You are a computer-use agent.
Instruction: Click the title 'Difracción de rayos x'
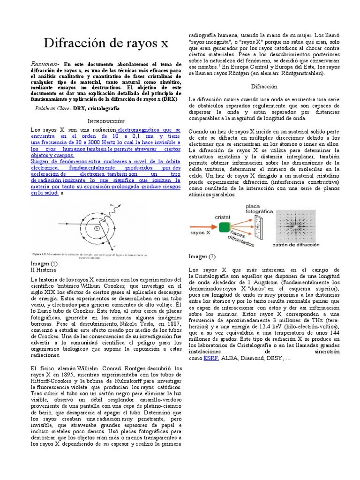pyautogui.click(x=106, y=44)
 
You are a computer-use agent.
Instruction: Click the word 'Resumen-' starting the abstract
pyautogui.click(x=45, y=64)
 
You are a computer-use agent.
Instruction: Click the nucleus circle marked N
pyautogui.click(x=97, y=228)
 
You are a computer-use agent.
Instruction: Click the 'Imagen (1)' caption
pyautogui.click(x=44, y=264)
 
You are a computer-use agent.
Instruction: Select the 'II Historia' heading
pyautogui.click(x=43, y=270)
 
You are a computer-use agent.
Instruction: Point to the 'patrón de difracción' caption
pyautogui.click(x=296, y=244)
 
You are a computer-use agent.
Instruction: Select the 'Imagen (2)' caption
pyautogui.click(x=202, y=256)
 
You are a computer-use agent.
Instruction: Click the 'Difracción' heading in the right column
pyautogui.click(x=264, y=86)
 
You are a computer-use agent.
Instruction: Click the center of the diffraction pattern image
pyautogui.click(x=296, y=225)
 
